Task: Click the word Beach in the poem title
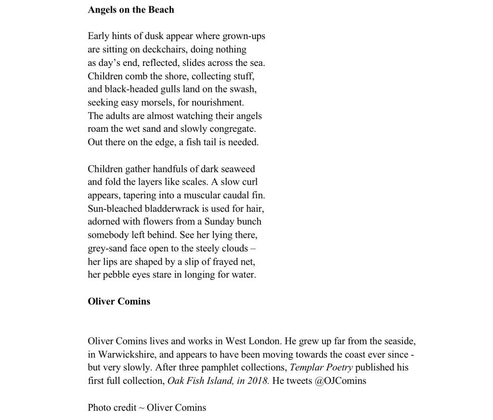pyautogui.click(x=161, y=10)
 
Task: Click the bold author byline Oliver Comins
pyautogui.click(x=119, y=302)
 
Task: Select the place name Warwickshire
pyautogui.click(x=127, y=355)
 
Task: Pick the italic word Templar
pyautogui.click(x=307, y=368)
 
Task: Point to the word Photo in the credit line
pyautogui.click(x=99, y=407)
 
